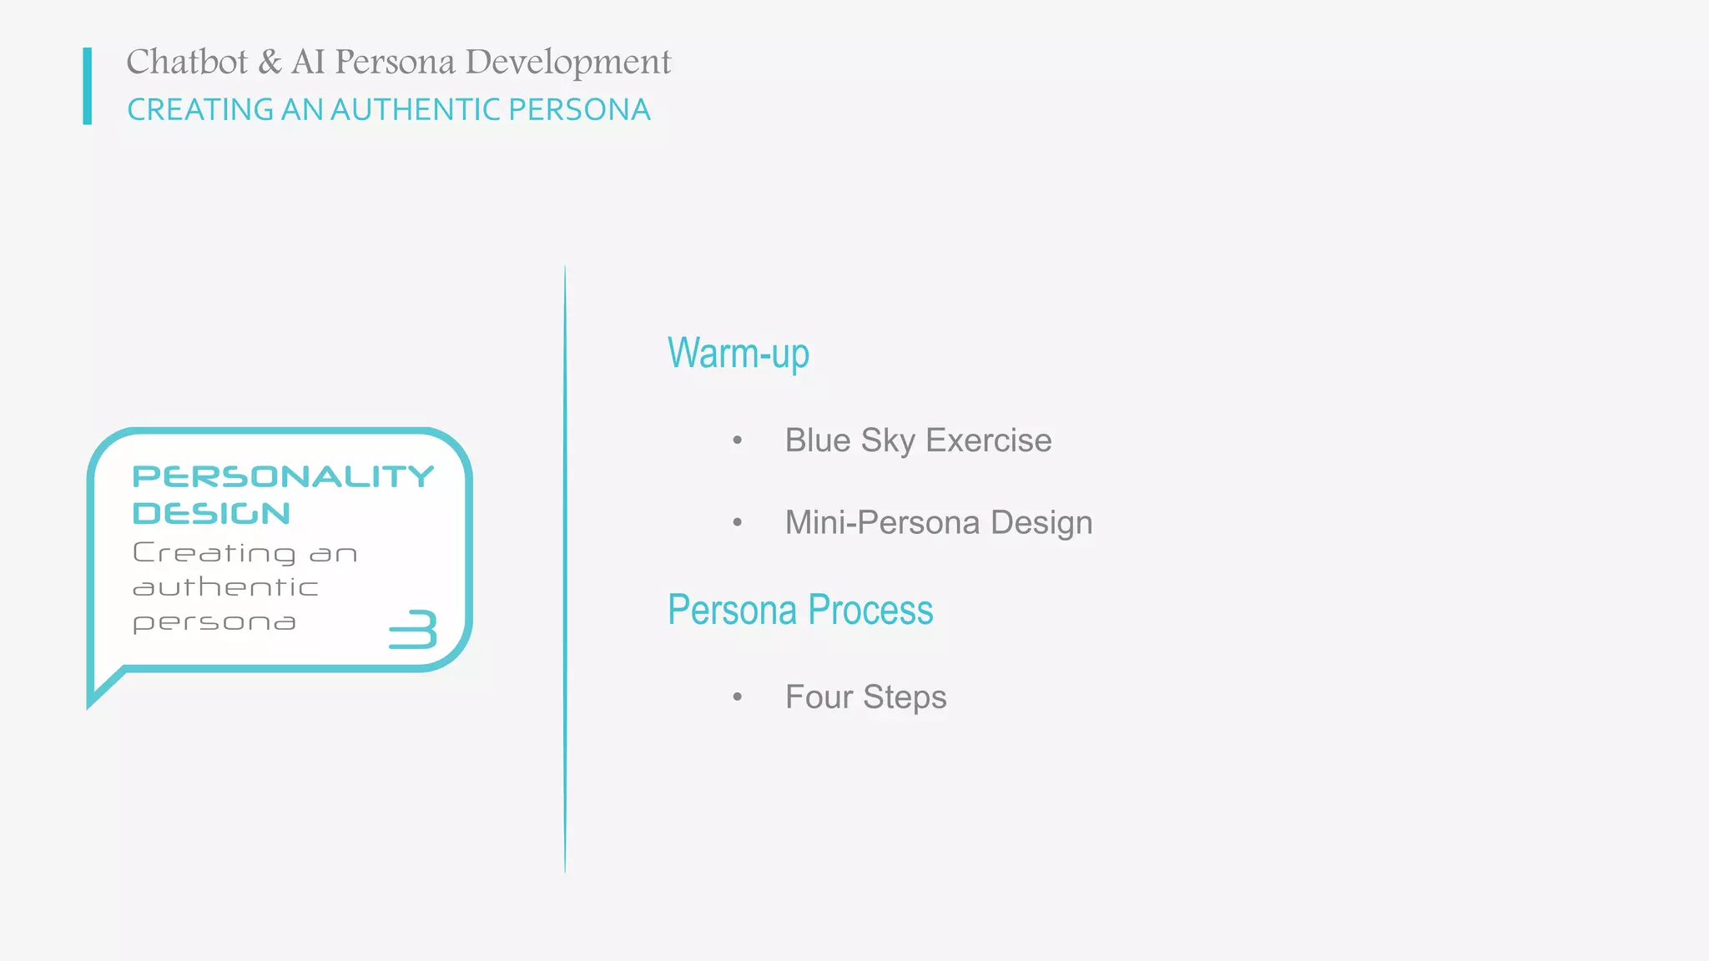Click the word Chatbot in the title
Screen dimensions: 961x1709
[x=187, y=63]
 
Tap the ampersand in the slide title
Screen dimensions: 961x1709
[x=270, y=63]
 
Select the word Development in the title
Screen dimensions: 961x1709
[x=567, y=63]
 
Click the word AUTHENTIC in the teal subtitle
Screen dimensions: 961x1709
[x=416, y=110]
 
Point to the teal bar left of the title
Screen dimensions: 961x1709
[x=88, y=86]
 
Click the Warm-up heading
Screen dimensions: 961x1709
[x=738, y=354]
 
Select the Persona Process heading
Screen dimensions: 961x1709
[x=799, y=610]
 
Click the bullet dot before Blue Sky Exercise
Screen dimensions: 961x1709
[x=737, y=440]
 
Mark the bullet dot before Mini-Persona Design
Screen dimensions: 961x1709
[x=737, y=523]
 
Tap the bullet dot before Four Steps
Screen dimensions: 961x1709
[x=737, y=697]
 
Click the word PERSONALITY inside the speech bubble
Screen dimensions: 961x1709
[x=283, y=476]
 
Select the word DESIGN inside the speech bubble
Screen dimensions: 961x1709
[x=211, y=513]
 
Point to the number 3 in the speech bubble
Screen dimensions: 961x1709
[x=414, y=630]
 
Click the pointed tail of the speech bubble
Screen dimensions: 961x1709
[x=98, y=691]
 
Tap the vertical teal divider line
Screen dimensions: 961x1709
[x=565, y=567]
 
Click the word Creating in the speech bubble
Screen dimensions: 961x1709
[x=214, y=553]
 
